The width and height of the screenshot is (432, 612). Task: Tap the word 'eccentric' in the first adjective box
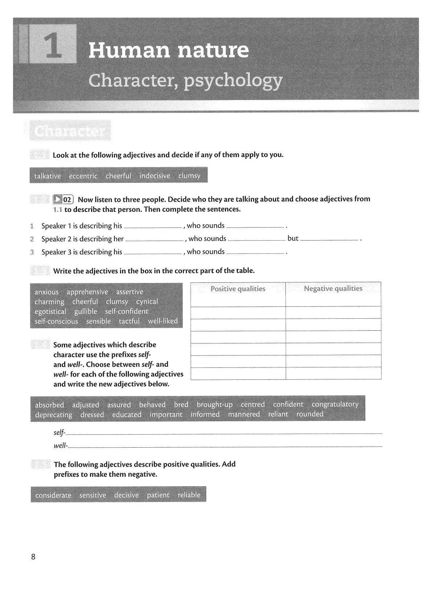(83, 176)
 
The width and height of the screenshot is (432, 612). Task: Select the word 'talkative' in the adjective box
(48, 176)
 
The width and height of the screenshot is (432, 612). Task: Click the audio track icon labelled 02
(64, 199)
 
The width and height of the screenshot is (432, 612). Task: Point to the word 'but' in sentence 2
(293, 238)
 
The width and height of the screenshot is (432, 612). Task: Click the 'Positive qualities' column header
(238, 289)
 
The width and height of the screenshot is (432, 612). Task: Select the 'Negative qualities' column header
(333, 289)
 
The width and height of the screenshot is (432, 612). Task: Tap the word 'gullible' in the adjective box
(86, 311)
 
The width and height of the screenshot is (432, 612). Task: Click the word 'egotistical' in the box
(50, 311)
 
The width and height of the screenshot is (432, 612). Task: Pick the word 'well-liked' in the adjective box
(163, 321)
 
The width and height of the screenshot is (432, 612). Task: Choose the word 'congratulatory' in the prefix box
(335, 404)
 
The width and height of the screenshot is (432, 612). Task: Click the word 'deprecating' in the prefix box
(53, 415)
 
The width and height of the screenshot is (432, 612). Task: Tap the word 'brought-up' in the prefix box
(214, 404)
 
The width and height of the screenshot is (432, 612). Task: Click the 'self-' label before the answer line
(59, 433)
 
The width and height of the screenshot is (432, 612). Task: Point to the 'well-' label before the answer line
(60, 446)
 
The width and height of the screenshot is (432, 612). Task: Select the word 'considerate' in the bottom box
(53, 495)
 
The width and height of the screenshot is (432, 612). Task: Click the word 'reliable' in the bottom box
(189, 495)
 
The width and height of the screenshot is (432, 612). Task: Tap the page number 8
(33, 557)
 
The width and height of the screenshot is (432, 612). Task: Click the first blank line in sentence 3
(152, 253)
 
